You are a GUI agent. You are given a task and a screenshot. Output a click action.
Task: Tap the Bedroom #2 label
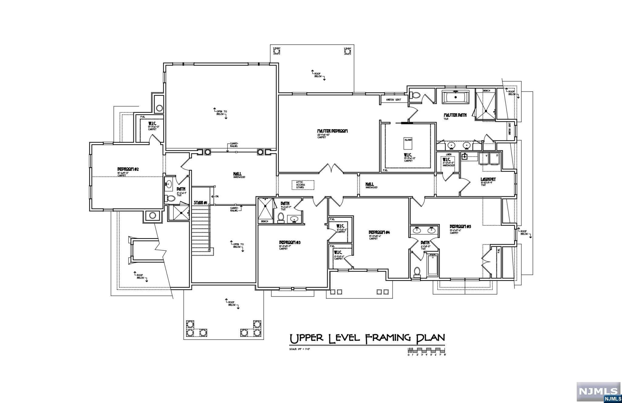[x=128, y=169]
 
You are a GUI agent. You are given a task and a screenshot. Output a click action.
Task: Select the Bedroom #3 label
[x=290, y=242]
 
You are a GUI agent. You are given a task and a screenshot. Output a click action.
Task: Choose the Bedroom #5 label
[x=460, y=227]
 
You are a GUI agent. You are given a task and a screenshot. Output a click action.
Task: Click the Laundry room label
[x=488, y=179]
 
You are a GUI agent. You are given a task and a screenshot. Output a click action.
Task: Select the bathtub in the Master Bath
[x=456, y=97]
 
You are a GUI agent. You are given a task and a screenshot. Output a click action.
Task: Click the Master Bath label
[x=455, y=115]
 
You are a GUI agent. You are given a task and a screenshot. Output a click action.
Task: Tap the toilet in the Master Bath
[x=415, y=95]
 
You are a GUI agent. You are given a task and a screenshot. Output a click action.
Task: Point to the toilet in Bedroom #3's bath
[x=281, y=217]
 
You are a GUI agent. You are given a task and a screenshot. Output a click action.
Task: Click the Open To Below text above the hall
[x=221, y=113]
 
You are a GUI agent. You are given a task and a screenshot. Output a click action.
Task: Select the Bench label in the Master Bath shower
[x=486, y=91]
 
